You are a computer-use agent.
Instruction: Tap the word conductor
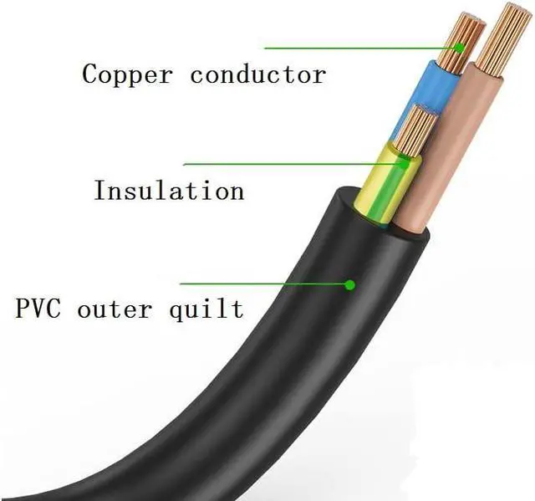[257, 74]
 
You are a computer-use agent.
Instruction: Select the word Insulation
[169, 190]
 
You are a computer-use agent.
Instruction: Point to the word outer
[115, 309]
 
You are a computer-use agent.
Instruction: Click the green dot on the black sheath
[349, 285]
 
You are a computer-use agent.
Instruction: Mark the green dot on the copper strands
[458, 48]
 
